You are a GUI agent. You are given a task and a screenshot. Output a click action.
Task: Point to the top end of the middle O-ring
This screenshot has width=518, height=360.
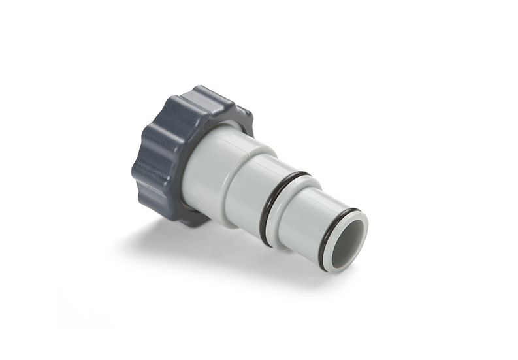[x=300, y=176]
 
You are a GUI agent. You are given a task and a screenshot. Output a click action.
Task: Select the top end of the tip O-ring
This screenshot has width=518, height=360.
[x=353, y=210]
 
